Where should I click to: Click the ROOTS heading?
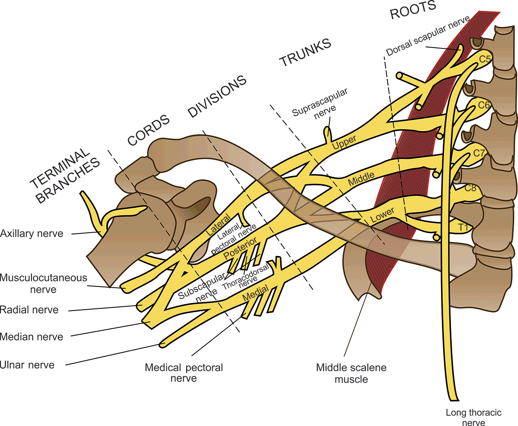[x=413, y=10]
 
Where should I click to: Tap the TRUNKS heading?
[x=305, y=53]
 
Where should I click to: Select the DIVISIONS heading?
[x=217, y=96]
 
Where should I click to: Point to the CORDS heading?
[x=149, y=130]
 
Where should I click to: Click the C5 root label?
[x=485, y=59]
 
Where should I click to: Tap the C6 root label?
[x=484, y=105]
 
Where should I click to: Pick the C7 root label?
[x=479, y=153]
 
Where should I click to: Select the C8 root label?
[x=470, y=188]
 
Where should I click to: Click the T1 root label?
[x=463, y=227]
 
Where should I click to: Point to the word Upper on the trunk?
[x=344, y=142]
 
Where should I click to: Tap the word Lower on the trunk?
[x=382, y=215]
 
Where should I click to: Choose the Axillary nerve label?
[x=32, y=233]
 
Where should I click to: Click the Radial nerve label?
[x=29, y=310]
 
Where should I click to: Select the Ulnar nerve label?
[x=27, y=365]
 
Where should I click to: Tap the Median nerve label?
[x=32, y=337]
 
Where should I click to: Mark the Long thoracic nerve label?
[x=473, y=417]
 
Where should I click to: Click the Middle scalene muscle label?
[x=351, y=373]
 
